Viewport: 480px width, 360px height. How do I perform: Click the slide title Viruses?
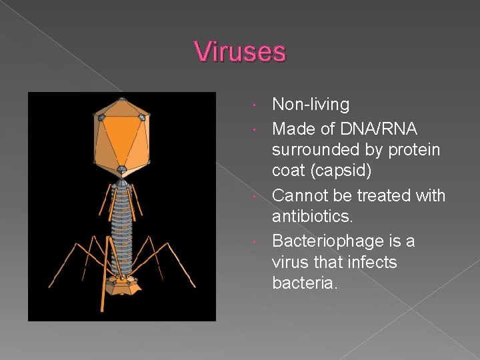point(240,52)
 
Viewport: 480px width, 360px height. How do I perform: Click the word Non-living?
point(311,105)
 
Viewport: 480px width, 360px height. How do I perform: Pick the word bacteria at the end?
point(305,283)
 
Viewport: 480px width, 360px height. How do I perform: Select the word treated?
point(385,195)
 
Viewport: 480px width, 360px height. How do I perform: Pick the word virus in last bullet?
point(291,262)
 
